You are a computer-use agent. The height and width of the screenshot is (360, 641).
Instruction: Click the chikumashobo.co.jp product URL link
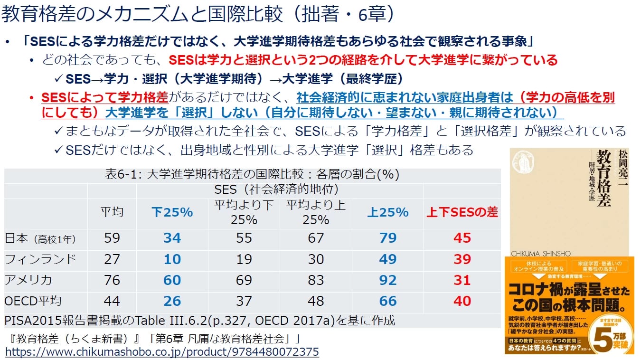click(162, 352)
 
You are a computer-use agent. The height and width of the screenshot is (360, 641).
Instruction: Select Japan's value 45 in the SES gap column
click(462, 238)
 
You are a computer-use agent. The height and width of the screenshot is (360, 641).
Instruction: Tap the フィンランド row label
click(40, 259)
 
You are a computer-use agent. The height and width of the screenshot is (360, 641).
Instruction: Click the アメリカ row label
click(28, 280)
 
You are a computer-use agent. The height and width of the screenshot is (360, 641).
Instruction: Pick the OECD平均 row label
click(33, 301)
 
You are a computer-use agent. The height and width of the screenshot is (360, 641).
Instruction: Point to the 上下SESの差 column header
click(462, 212)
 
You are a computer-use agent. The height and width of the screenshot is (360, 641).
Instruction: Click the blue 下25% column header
click(172, 212)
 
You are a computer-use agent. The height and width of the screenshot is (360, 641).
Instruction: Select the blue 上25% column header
click(387, 212)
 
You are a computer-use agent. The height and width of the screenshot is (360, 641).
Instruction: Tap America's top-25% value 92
click(387, 280)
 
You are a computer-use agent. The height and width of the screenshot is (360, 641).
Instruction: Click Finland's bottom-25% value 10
click(172, 259)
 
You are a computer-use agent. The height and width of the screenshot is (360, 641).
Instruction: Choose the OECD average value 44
click(112, 301)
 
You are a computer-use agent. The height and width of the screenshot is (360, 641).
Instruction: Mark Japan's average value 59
click(112, 238)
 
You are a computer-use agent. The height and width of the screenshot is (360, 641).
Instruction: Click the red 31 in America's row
click(462, 280)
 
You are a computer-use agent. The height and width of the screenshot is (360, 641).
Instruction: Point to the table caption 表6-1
click(252, 174)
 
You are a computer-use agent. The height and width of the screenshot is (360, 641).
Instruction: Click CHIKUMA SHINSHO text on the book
click(541, 254)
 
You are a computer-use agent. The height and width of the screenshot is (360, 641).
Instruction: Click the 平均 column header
click(112, 212)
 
